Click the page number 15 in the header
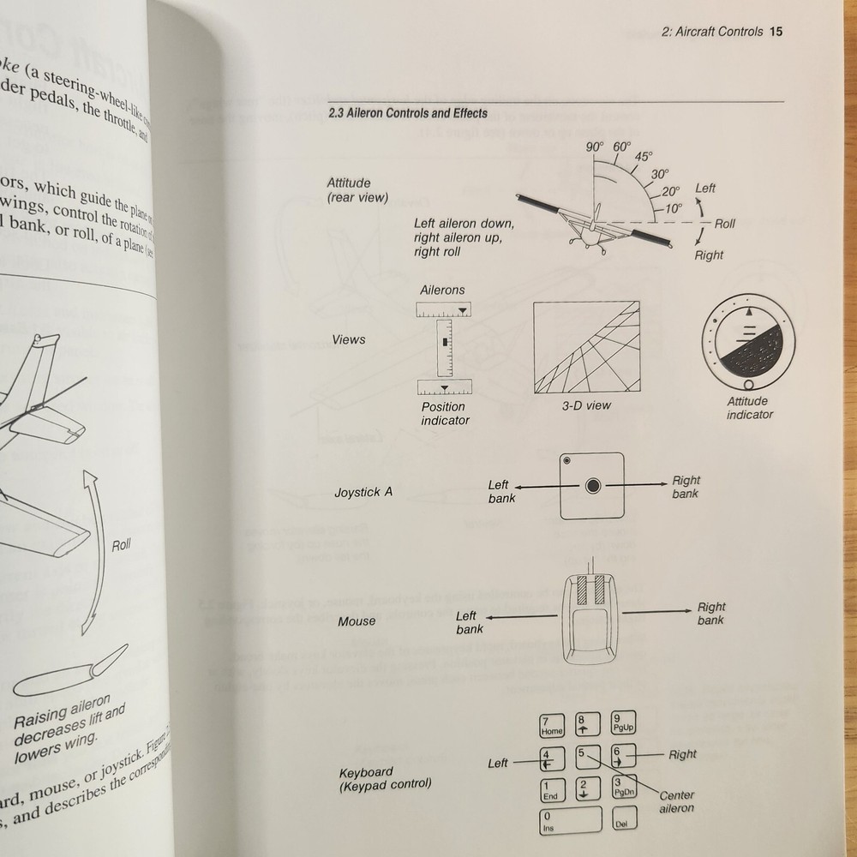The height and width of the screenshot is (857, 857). (x=776, y=33)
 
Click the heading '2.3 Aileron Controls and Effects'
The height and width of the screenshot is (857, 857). (x=408, y=113)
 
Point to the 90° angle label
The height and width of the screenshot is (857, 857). (x=595, y=147)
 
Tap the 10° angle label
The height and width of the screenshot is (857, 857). (x=674, y=208)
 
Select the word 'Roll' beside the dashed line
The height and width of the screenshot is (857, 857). (x=725, y=224)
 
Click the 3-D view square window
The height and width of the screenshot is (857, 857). (x=586, y=347)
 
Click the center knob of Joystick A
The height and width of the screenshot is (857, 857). (x=592, y=487)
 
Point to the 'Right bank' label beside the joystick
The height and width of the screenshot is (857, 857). (x=686, y=487)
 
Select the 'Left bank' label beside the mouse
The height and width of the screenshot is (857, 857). (x=468, y=622)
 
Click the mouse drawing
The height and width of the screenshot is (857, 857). (x=590, y=618)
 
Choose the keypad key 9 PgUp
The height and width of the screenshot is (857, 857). (x=621, y=725)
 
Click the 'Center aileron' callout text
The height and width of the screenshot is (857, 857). (x=677, y=802)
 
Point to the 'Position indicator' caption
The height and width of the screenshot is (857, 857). (x=444, y=414)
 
